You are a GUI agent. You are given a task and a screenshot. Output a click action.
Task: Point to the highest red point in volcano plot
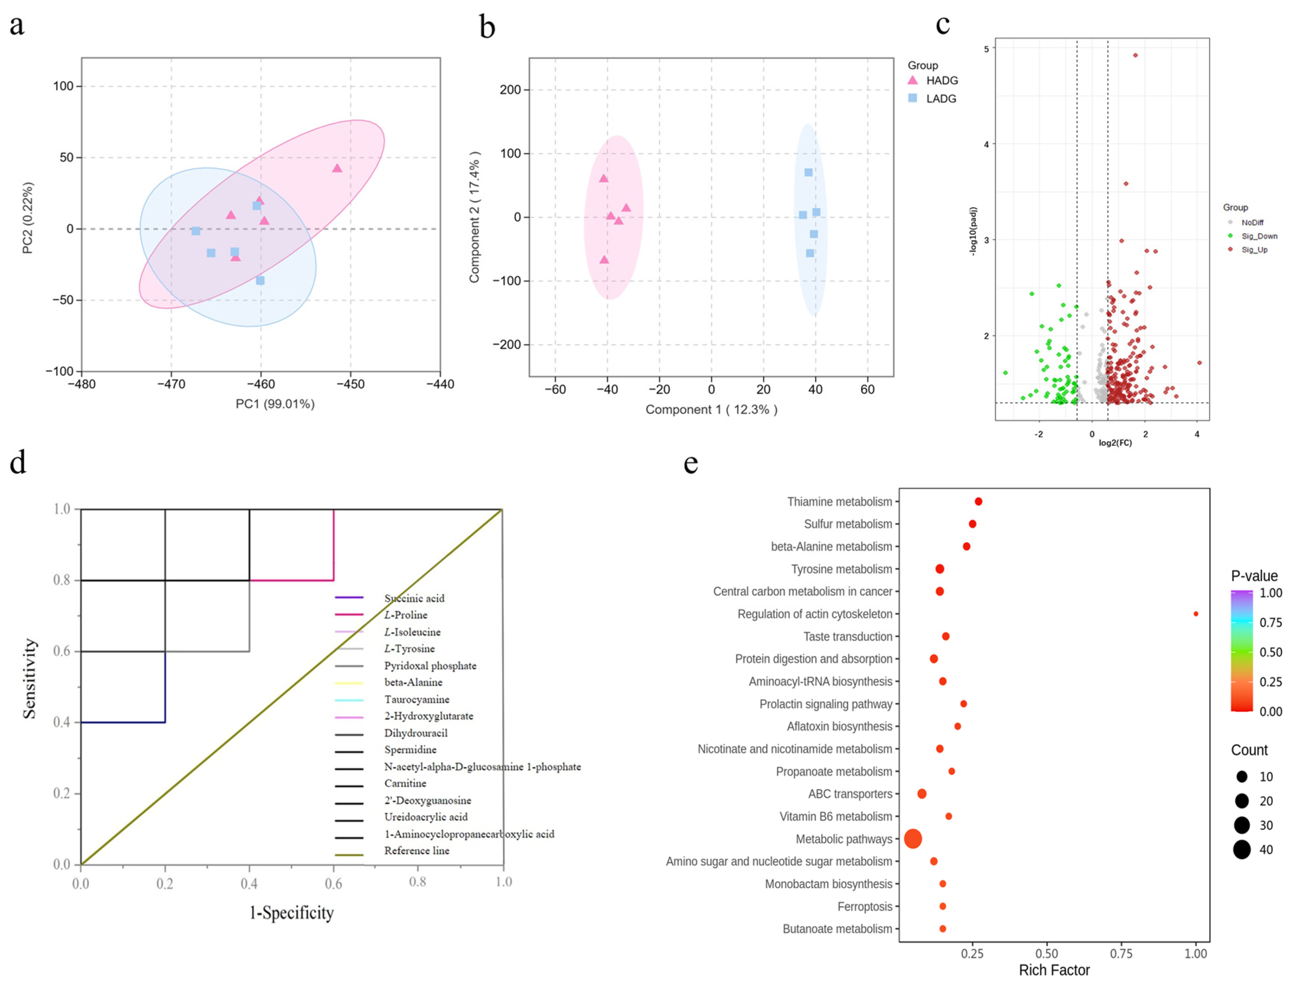coord(1135,55)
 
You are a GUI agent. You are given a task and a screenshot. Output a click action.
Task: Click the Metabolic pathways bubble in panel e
coord(912,839)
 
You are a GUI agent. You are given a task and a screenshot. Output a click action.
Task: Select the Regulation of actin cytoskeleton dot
coord(1195,614)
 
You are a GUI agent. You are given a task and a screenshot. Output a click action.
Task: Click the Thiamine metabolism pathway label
coord(839,502)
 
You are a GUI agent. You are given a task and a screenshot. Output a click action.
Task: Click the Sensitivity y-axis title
coord(29,679)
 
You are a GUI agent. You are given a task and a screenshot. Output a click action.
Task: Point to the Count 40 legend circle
coord(1242,850)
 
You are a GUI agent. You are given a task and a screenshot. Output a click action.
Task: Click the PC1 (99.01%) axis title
coord(275,404)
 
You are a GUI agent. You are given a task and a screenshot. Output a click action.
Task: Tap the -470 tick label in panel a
coord(171,384)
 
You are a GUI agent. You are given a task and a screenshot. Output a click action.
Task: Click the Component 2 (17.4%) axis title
coord(474,217)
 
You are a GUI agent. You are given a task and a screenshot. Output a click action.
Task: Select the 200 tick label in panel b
coord(510,90)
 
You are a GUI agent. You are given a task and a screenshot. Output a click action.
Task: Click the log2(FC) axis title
coord(1115,443)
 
